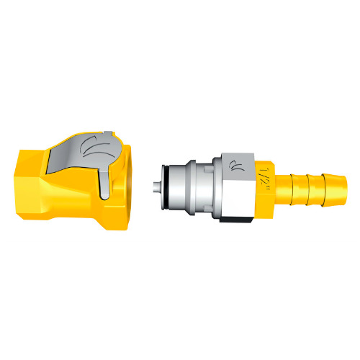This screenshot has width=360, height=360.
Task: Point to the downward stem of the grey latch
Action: pyautogui.click(x=107, y=184)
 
